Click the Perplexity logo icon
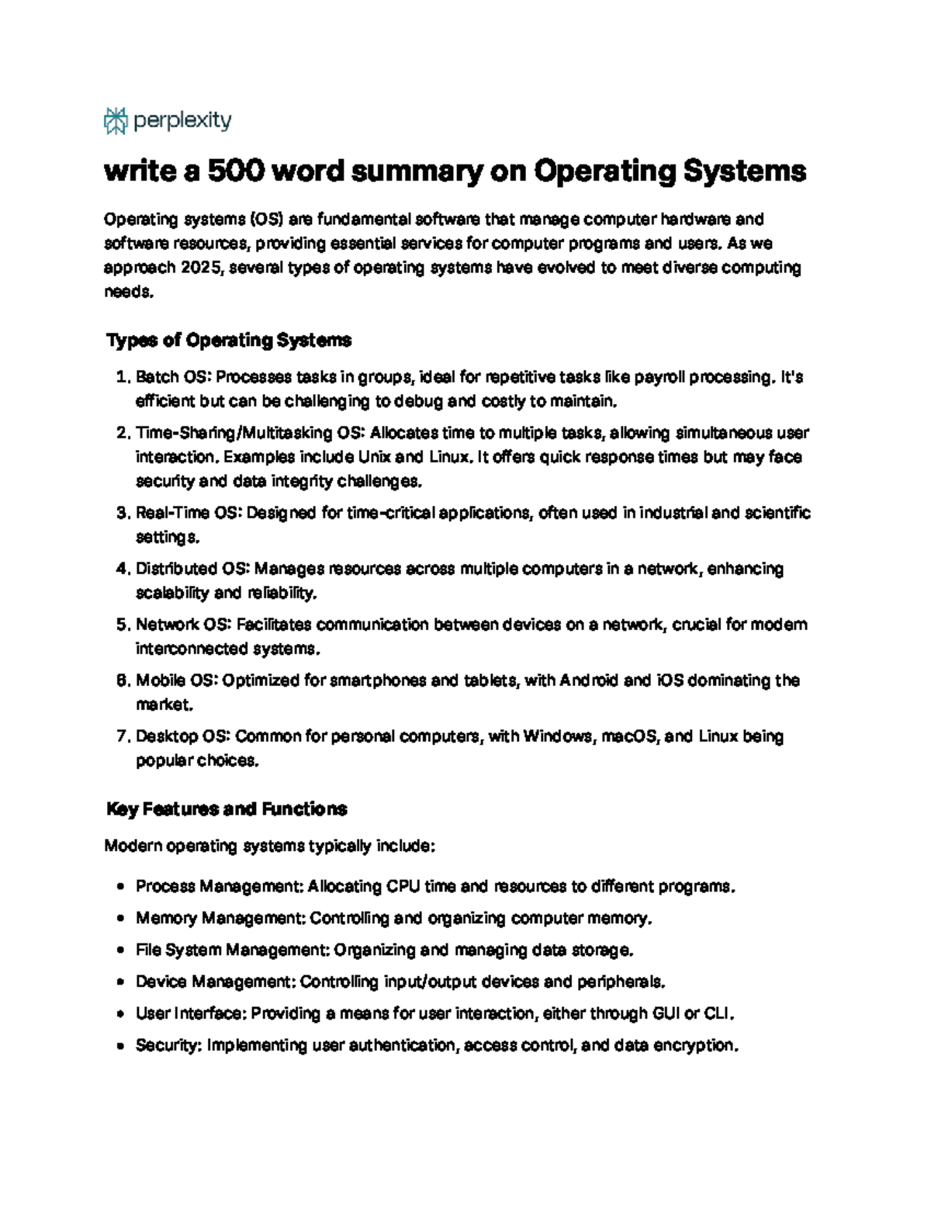coord(116,121)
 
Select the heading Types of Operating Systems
coord(228,341)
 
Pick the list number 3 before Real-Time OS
coord(121,513)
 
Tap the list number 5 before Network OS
coord(121,625)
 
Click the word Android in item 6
coord(588,680)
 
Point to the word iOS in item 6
coord(670,680)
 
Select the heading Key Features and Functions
coord(226,809)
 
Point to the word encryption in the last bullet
coord(694,1045)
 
